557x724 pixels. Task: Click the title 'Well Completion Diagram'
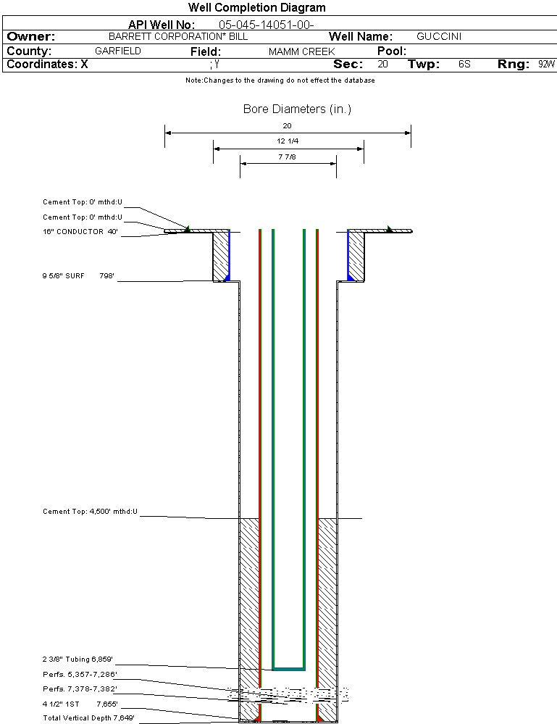pos(256,8)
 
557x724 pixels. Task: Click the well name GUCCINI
pos(439,36)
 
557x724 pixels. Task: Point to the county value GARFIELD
pos(118,51)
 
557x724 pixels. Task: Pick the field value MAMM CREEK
pos(301,52)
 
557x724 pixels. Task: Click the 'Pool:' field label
pos(392,51)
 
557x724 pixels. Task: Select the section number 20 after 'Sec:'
pos(382,65)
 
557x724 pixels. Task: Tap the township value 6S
pos(464,65)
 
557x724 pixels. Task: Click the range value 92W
pos(546,65)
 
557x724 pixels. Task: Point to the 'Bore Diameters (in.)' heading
pos(297,109)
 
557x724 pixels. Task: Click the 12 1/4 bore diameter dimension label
pos(288,141)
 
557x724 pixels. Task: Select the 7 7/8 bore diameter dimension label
pos(288,157)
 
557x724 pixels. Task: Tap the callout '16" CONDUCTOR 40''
pos(80,232)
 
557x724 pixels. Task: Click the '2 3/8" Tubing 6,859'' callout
pos(78,659)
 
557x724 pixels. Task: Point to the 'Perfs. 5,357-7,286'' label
pos(80,674)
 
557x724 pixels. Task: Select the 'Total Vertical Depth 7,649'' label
pos(88,717)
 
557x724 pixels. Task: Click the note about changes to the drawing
pos(280,80)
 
